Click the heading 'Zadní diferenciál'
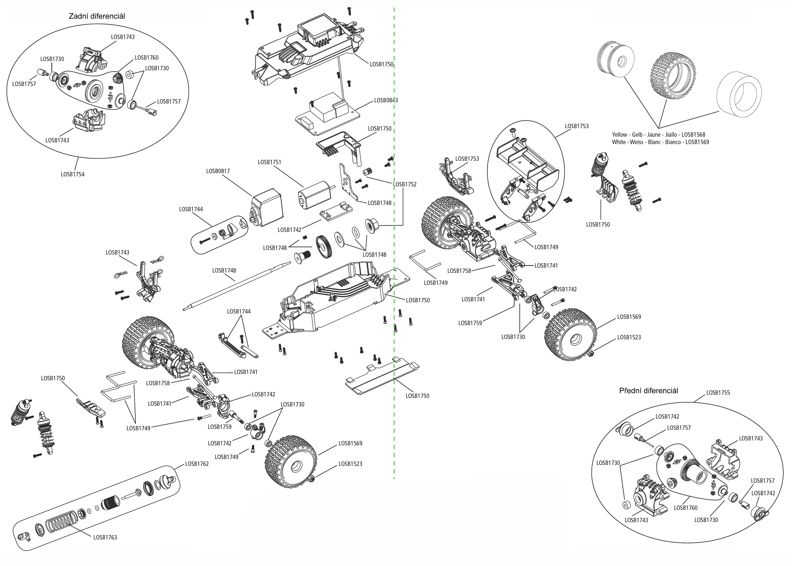[97, 16]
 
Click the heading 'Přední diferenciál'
[648, 391]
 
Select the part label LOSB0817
[218, 171]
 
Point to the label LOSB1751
[269, 162]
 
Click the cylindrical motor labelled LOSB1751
[312, 196]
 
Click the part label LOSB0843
[386, 100]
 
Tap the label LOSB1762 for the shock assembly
[197, 464]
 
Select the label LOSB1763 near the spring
[105, 537]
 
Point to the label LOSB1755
[718, 393]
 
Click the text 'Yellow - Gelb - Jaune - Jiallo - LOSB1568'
[658, 135]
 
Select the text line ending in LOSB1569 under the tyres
[660, 142]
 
